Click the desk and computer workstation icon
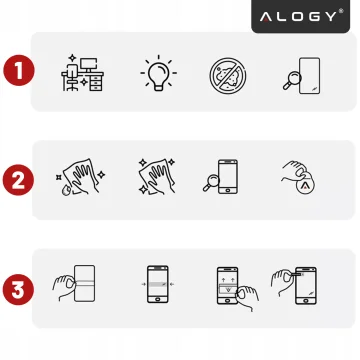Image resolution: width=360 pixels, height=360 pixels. [x=82, y=71]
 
